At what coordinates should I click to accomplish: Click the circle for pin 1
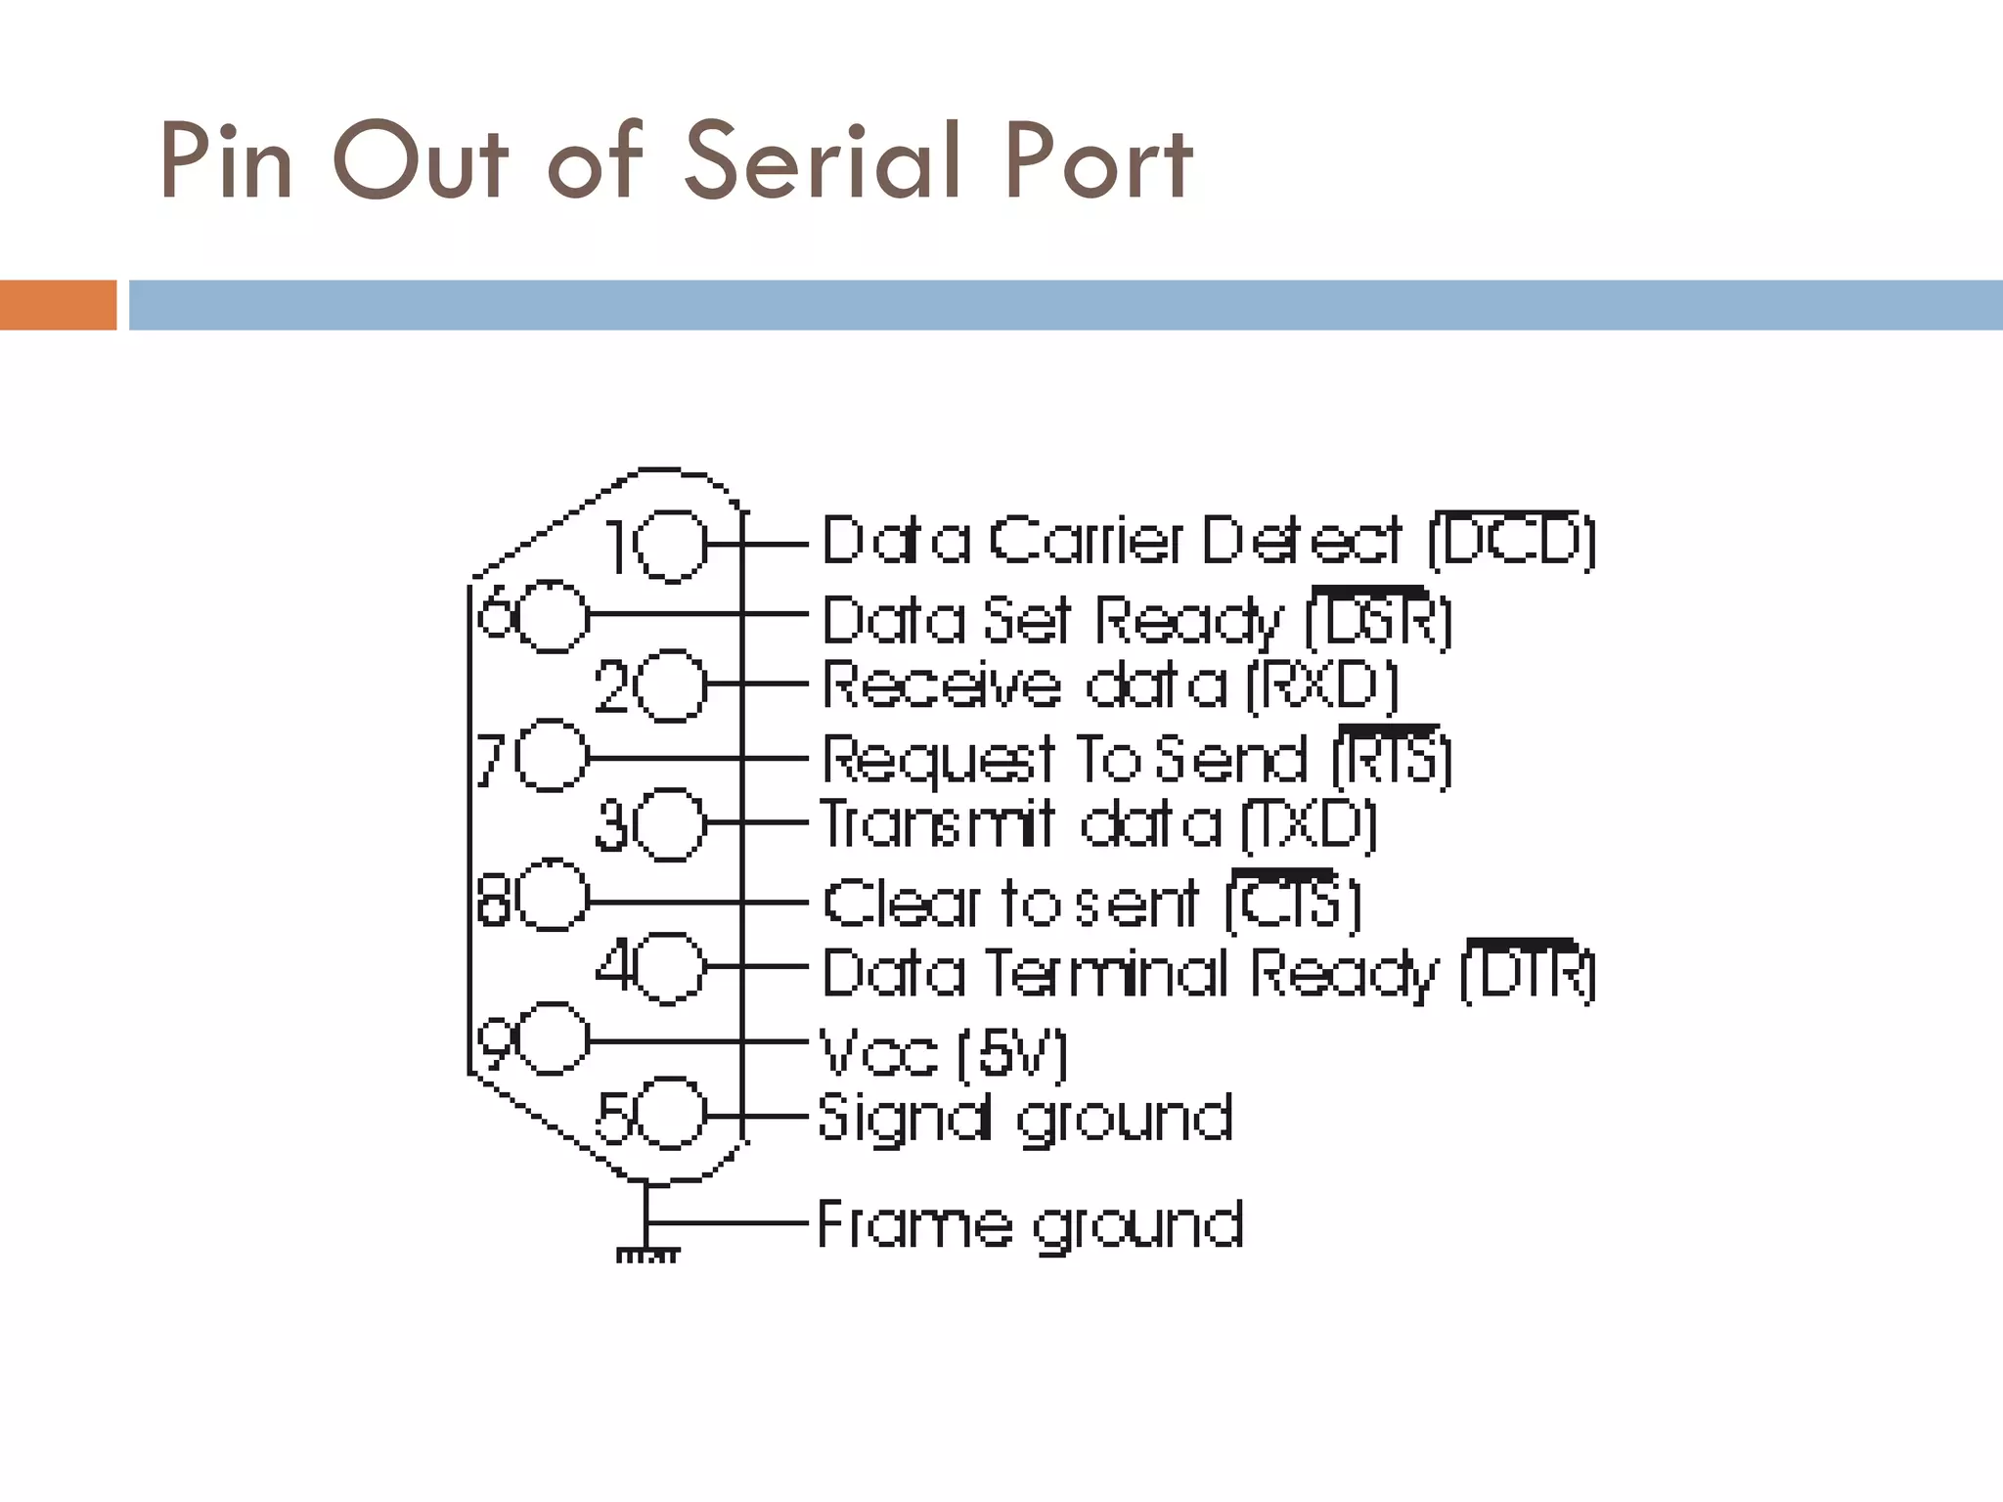[671, 545]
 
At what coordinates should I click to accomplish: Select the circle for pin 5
[671, 1114]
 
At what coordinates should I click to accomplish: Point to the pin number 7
[491, 759]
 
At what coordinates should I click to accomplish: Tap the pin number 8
[494, 900]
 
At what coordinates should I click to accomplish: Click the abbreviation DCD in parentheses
[1511, 541]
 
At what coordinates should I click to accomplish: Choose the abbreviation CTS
[1291, 902]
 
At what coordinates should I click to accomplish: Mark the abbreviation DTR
[1528, 973]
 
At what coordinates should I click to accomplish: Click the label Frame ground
[1029, 1224]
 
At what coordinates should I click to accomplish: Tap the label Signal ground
[1024, 1119]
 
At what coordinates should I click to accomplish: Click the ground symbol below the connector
[646, 1253]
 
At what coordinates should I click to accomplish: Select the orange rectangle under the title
[58, 305]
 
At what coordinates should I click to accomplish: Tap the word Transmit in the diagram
[937, 824]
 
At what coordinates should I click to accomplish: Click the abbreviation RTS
[1392, 759]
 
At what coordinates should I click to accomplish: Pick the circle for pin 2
[671, 685]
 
